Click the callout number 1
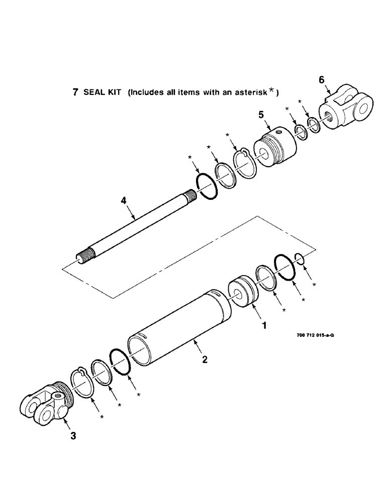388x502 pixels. [263, 325]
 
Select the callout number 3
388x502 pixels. [73, 436]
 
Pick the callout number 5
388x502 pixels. [261, 115]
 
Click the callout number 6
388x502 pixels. [322, 80]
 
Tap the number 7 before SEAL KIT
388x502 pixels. [75, 93]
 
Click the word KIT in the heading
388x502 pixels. [115, 93]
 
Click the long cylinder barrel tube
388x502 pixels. [176, 326]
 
